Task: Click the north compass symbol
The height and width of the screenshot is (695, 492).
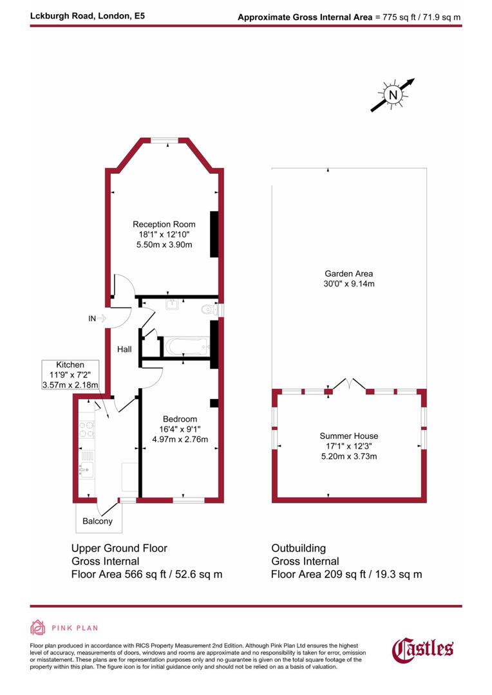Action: [x=393, y=95]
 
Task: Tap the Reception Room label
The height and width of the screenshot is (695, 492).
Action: [x=164, y=224]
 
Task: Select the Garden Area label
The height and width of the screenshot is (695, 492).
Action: [x=349, y=273]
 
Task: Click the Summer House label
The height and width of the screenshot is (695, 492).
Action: [x=349, y=436]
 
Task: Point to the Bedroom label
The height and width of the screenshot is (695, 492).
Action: [x=180, y=419]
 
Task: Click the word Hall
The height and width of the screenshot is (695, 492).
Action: [x=124, y=349]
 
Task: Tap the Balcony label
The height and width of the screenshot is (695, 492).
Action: [x=97, y=521]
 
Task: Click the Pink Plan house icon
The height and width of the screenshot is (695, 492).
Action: [x=38, y=627]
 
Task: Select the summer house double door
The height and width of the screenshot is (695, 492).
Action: [x=348, y=385]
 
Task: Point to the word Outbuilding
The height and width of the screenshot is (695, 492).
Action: [x=298, y=548]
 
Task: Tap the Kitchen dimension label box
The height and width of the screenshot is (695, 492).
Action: [x=70, y=375]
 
